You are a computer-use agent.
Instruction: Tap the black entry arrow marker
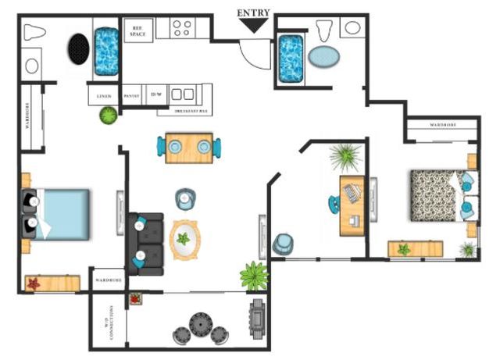pos(253,26)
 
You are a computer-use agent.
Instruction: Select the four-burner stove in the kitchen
pos(183,29)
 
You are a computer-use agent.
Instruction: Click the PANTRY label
pos(132,96)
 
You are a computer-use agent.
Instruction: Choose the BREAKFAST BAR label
pos(190,111)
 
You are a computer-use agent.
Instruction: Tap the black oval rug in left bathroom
pos(77,50)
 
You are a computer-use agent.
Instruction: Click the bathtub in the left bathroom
pos(106,52)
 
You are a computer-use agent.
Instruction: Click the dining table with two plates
pos(187,148)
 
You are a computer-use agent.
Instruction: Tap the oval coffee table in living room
pos(184,239)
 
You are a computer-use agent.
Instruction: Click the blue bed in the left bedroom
pos(61,213)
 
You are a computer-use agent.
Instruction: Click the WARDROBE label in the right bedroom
pos(441,125)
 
